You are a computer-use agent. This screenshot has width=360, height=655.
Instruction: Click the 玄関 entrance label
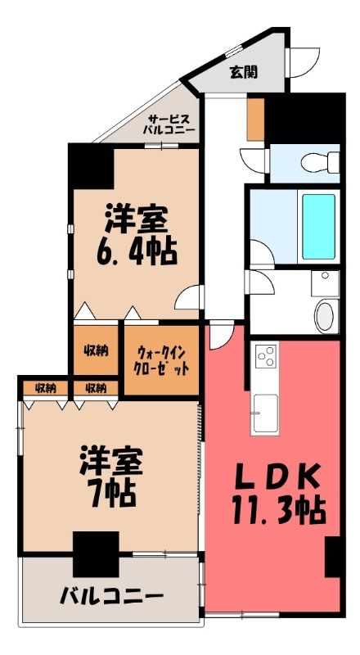[243, 73]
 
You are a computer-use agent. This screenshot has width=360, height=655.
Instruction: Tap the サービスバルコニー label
[169, 124]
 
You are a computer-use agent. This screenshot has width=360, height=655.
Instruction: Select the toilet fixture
[320, 162]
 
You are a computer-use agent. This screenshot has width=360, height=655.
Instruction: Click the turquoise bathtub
[318, 227]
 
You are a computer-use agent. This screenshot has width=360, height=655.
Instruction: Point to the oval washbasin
[324, 316]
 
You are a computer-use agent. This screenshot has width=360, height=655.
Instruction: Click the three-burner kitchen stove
[266, 356]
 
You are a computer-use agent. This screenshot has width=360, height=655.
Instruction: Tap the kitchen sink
[266, 413]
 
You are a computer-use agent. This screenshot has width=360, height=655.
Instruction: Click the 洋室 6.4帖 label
[137, 235]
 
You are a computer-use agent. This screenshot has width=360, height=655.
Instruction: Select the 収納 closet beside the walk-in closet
[97, 350]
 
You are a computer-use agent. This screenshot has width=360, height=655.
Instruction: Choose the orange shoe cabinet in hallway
[255, 120]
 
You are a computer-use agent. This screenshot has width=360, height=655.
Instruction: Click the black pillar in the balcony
[96, 554]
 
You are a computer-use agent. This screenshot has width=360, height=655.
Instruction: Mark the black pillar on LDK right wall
[333, 558]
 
